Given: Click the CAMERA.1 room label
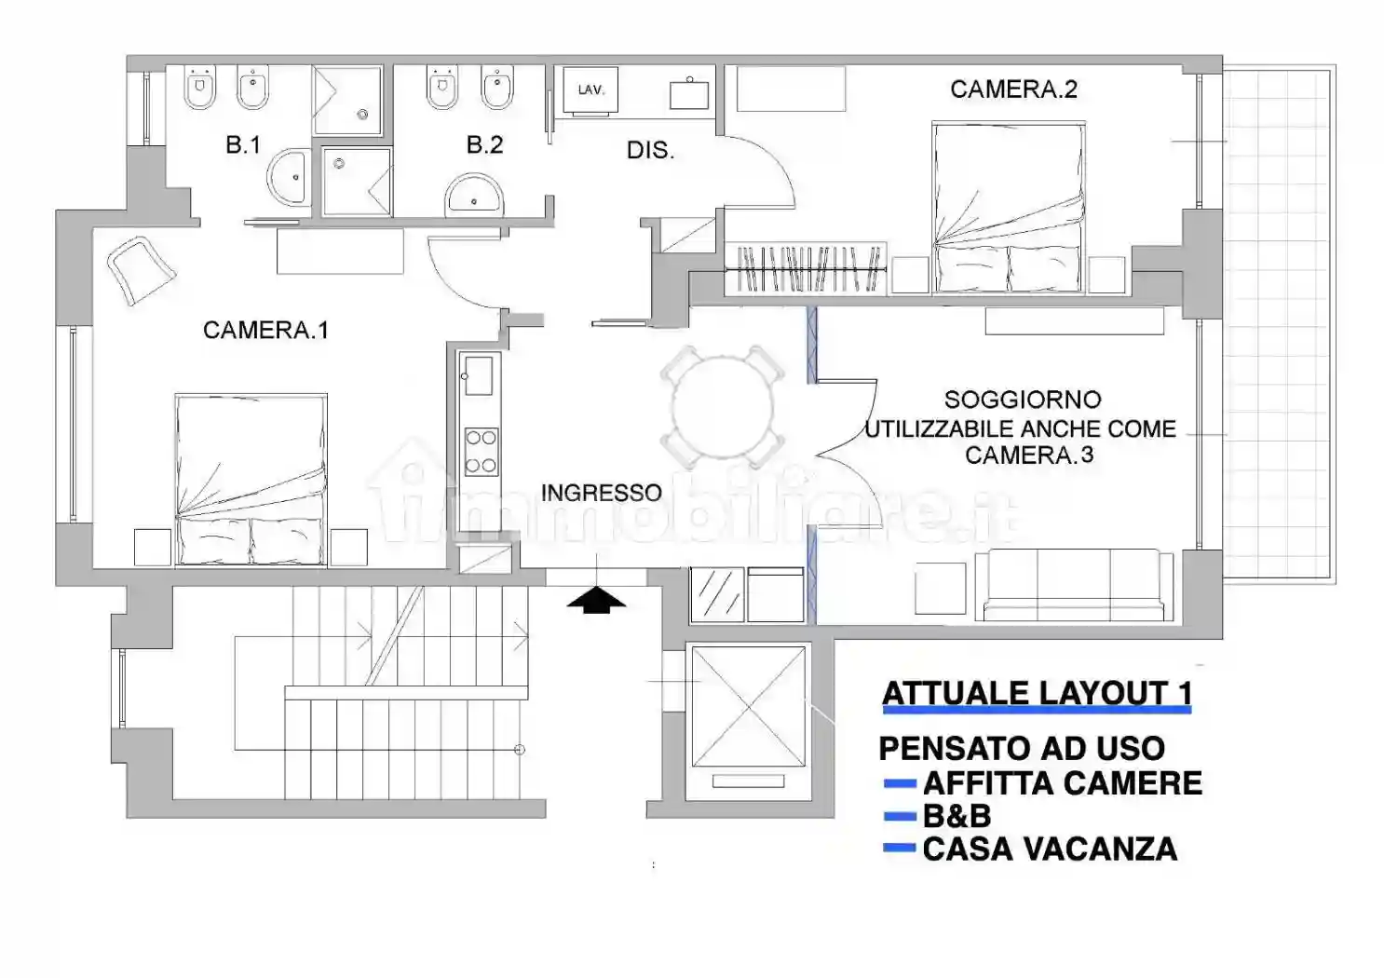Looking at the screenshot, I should point(265,330).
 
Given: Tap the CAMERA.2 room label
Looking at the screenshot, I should point(1013,89).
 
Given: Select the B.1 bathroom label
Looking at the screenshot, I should point(243,145).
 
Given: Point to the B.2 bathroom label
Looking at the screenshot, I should point(484,145).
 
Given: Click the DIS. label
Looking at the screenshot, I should point(650,151).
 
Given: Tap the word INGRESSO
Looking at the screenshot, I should point(601,493).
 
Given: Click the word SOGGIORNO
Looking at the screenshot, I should point(1023,400).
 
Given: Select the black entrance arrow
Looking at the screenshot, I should point(596,600).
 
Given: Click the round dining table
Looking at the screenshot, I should point(722,407).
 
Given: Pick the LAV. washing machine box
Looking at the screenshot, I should point(590,90).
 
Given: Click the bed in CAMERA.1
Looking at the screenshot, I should point(251,479).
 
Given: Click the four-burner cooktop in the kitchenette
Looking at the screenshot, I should point(481,452).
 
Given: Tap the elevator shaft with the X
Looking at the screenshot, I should point(749,707).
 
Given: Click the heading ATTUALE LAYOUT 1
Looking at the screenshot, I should point(1037,694).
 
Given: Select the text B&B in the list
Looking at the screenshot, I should point(957,816).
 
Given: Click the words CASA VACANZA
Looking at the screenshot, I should point(1050,849).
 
